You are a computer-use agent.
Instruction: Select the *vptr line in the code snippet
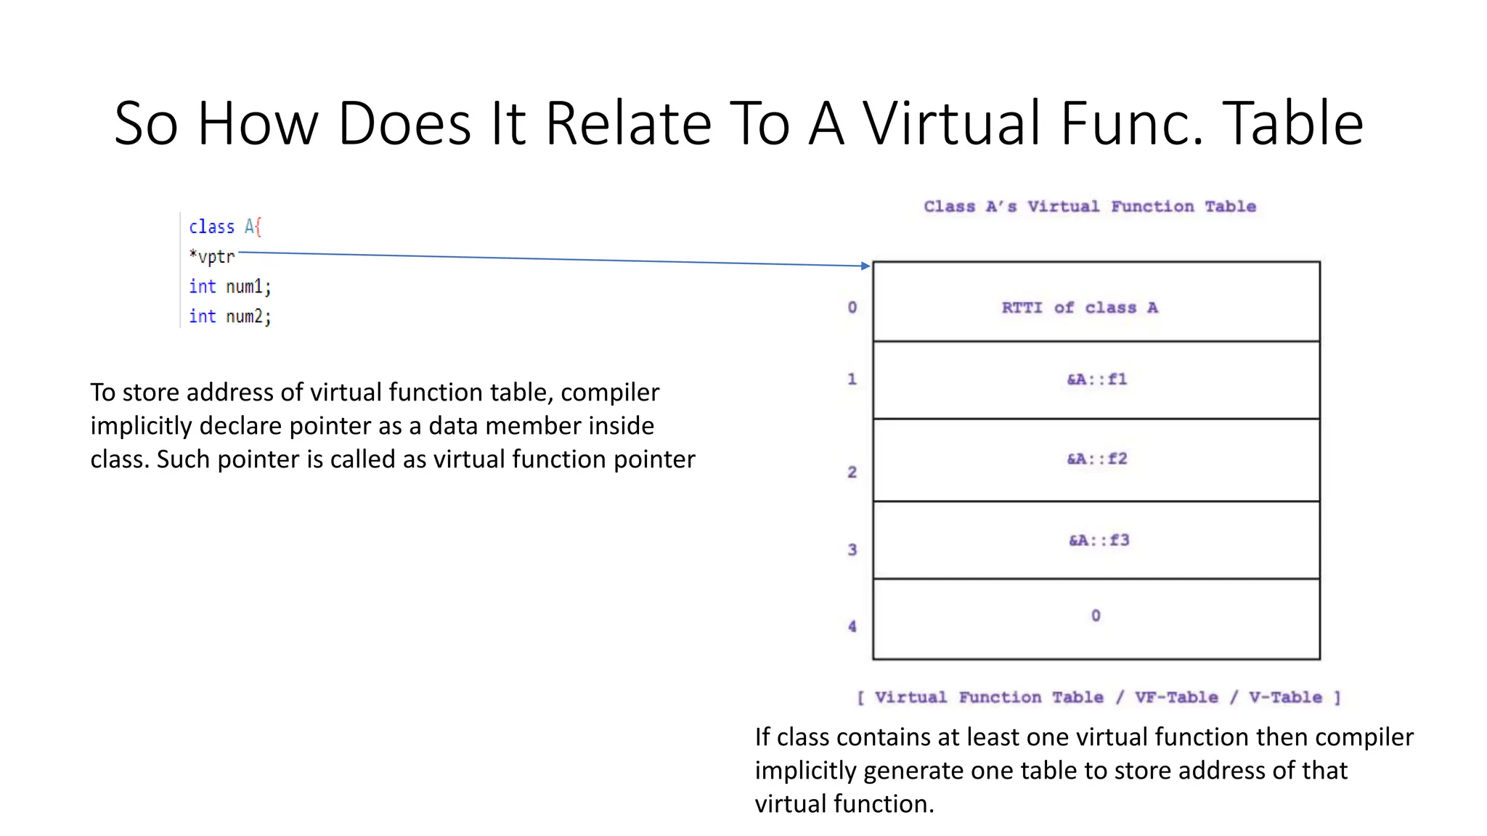tap(212, 257)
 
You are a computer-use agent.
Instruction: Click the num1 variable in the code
tap(245, 287)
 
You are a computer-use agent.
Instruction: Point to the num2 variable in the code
tap(245, 316)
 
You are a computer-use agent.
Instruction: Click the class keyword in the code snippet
tap(211, 227)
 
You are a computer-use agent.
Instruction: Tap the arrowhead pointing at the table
tap(865, 266)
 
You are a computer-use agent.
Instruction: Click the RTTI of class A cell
tap(1080, 308)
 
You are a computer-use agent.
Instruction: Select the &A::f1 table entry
tap(1096, 380)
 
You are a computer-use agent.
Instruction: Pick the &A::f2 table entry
tap(1096, 459)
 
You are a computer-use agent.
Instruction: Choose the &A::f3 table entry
tap(1099, 540)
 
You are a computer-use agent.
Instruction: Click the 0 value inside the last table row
tap(1096, 615)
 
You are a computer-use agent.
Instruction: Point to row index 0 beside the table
tap(852, 308)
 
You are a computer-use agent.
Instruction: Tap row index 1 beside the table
tap(852, 379)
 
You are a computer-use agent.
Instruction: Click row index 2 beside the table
tap(852, 472)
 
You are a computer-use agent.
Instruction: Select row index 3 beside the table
tap(852, 550)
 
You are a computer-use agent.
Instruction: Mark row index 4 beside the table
tap(852, 626)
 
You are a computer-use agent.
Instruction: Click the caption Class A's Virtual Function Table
tap(1089, 207)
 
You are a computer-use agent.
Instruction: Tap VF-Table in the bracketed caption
tap(1176, 697)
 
